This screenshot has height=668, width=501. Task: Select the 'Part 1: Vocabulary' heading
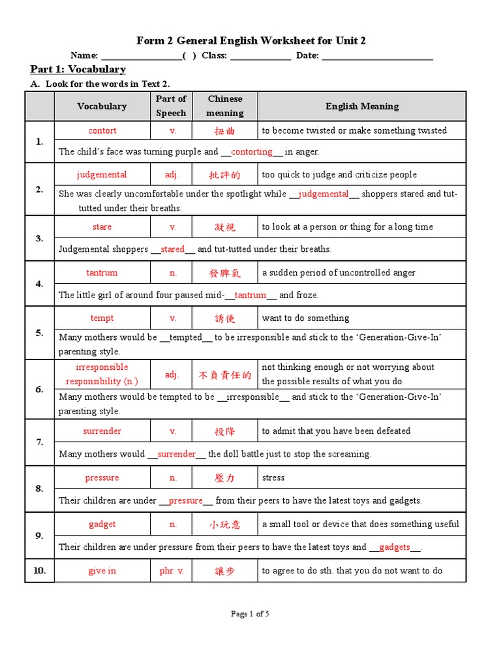(x=78, y=69)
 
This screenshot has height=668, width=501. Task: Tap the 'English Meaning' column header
(x=362, y=106)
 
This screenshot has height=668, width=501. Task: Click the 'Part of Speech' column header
(x=171, y=106)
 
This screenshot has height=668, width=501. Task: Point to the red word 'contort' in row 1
(x=102, y=130)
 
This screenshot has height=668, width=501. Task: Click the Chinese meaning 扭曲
(x=224, y=131)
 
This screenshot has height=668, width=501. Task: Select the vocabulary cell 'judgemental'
(x=102, y=175)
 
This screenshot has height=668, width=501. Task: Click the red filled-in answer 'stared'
(x=173, y=249)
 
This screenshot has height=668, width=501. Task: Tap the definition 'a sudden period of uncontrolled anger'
(x=339, y=273)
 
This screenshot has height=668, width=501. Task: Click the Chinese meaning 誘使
(x=224, y=319)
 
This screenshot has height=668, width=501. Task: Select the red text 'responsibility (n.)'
(x=102, y=382)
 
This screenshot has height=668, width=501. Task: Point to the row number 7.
(x=40, y=442)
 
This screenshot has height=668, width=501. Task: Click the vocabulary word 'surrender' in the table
(x=102, y=431)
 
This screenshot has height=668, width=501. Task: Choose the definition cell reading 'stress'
(x=273, y=478)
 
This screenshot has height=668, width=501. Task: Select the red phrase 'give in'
(x=102, y=571)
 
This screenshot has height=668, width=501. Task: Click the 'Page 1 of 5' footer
(x=250, y=614)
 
